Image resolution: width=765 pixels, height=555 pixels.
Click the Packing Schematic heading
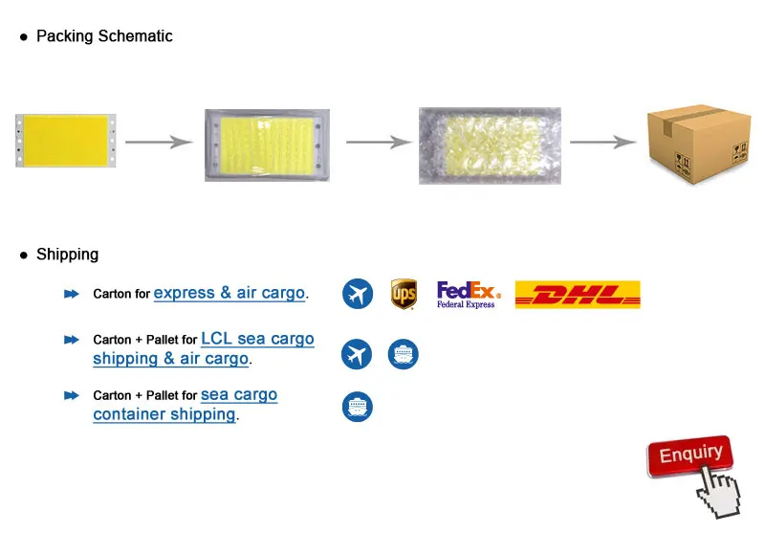pyautogui.click(x=104, y=36)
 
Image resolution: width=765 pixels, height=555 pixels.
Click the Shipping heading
pyautogui.click(x=67, y=255)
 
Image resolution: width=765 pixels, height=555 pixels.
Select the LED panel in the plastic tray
pyautogui.click(x=267, y=144)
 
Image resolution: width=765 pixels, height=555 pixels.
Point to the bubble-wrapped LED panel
pyautogui.click(x=490, y=145)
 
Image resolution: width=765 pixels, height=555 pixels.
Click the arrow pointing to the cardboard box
pyautogui.click(x=603, y=143)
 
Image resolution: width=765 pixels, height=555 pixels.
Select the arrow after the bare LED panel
pyautogui.click(x=159, y=143)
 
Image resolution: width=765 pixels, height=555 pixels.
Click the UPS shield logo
pyautogui.click(x=404, y=294)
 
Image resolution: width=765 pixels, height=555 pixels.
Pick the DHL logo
pyautogui.click(x=578, y=295)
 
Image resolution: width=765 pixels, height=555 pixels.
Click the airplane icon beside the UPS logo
pyautogui.click(x=358, y=294)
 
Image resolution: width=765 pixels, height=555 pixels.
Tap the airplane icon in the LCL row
pyautogui.click(x=357, y=355)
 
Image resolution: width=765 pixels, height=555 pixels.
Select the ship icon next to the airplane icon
pyautogui.click(x=404, y=355)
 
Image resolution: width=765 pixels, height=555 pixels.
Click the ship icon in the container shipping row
pyautogui.click(x=358, y=408)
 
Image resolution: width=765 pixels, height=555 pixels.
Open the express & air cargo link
pyautogui.click(x=229, y=293)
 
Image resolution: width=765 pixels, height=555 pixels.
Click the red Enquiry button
pyautogui.click(x=689, y=455)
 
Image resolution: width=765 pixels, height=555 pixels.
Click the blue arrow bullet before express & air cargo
pyautogui.click(x=71, y=294)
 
